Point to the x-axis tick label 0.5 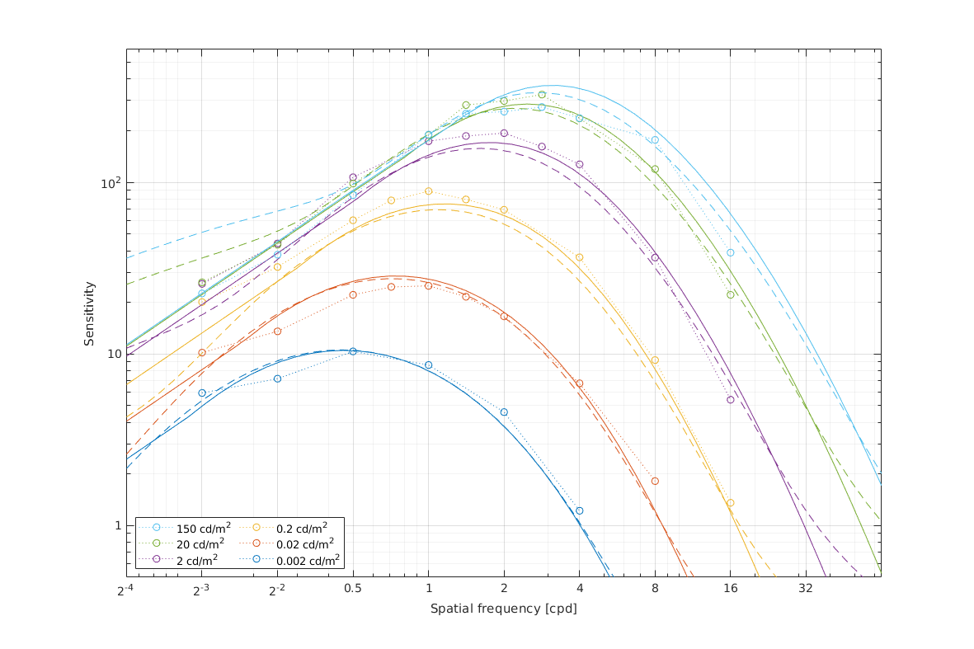point(353,590)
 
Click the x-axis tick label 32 point(806,590)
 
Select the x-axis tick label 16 point(730,590)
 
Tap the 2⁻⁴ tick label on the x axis point(126,590)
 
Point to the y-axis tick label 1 point(116,525)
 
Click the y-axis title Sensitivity point(89,313)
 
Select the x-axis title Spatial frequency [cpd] point(503,609)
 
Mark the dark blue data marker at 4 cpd point(579,510)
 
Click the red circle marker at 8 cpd point(655,481)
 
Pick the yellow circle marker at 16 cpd point(730,503)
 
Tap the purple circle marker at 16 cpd point(730,400)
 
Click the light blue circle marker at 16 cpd point(730,252)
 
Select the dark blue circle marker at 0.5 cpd point(353,351)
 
